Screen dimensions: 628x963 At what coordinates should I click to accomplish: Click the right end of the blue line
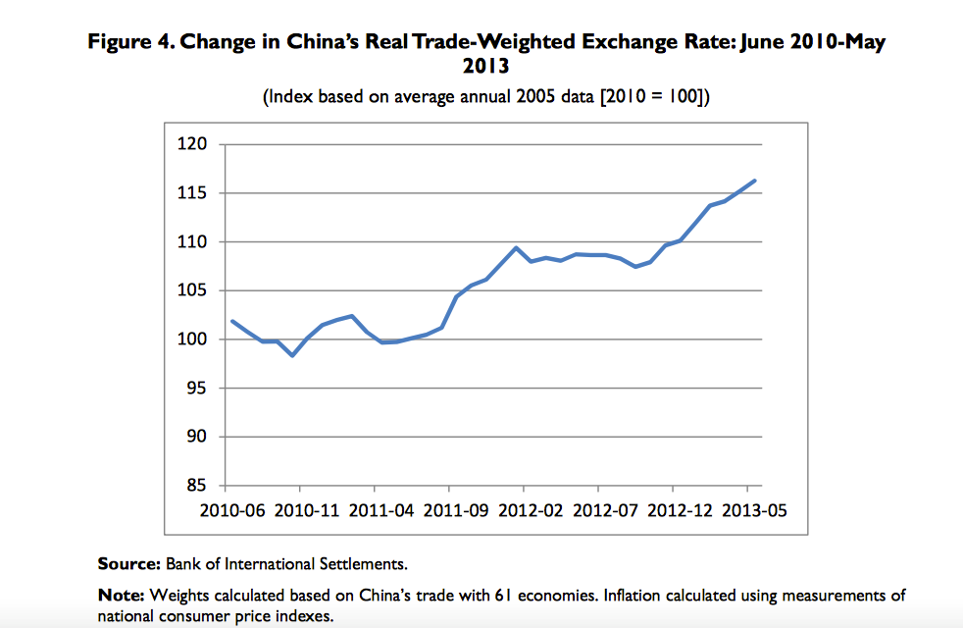(754, 181)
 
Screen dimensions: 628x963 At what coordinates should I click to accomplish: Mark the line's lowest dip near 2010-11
(292, 355)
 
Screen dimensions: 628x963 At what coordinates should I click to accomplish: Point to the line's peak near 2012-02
(516, 247)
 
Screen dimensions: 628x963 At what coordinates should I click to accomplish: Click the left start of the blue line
(231, 321)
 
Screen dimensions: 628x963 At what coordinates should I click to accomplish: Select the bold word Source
(127, 563)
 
